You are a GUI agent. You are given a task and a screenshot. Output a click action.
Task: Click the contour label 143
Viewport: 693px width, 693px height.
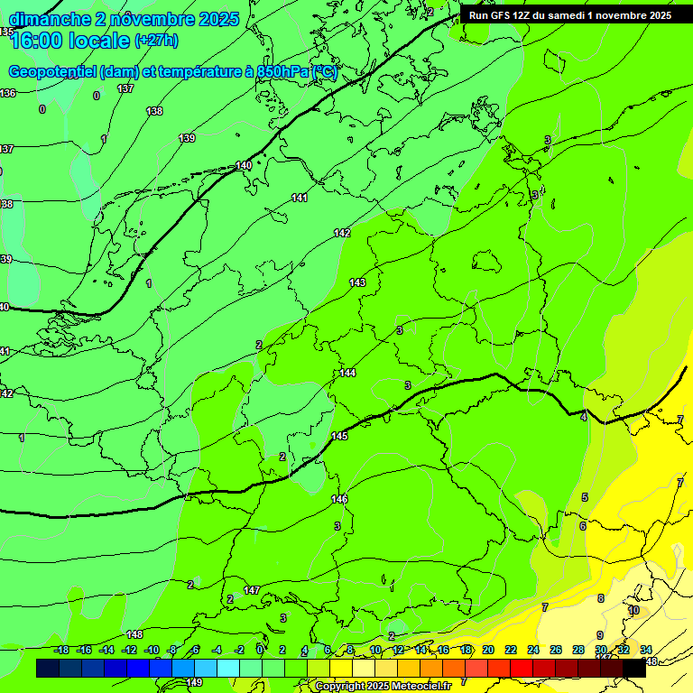(x=357, y=282)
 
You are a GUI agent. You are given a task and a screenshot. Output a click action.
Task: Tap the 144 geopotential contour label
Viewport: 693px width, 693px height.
(x=347, y=373)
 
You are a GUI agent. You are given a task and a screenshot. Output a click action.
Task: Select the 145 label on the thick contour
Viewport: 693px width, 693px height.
(x=339, y=436)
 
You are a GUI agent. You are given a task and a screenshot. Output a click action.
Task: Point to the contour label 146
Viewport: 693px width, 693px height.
(x=339, y=499)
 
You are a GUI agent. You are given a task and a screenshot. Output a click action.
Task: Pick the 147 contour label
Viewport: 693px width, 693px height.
(x=252, y=590)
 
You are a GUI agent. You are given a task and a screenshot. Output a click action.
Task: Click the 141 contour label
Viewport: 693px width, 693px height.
(x=300, y=198)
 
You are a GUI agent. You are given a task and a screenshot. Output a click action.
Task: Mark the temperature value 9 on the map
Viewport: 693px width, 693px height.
(x=600, y=635)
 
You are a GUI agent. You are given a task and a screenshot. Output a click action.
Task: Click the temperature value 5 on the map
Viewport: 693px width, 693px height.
(x=585, y=497)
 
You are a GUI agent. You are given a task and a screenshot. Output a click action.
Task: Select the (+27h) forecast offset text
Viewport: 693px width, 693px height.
(x=155, y=41)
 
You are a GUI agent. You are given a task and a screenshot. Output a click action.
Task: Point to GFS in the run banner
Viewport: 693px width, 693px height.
(x=502, y=15)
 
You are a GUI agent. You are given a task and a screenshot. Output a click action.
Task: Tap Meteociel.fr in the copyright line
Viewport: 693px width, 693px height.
(x=419, y=687)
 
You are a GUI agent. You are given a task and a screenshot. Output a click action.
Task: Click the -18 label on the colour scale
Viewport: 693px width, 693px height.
(x=61, y=650)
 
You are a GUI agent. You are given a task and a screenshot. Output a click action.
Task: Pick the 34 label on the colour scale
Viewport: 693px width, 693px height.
(x=646, y=650)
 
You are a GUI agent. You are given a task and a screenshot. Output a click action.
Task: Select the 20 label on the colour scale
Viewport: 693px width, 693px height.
(x=488, y=650)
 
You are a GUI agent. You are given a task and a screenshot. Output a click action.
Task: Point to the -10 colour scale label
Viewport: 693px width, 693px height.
(x=152, y=650)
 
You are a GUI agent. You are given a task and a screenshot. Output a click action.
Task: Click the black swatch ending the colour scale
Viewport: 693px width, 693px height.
(x=633, y=669)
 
